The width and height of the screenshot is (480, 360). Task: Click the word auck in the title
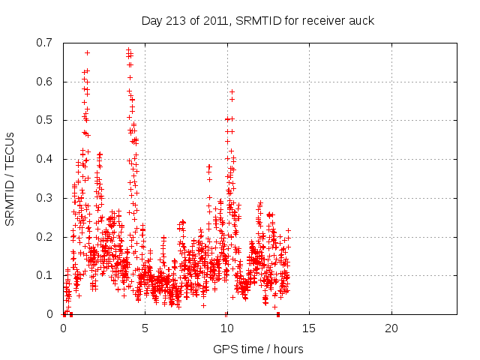coord(361,19)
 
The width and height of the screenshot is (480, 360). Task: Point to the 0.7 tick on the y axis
coord(45,43)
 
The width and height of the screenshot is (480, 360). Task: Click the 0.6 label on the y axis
coord(45,82)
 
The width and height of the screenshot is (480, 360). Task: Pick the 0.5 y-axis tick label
coord(45,121)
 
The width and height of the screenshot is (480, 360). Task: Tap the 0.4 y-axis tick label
coord(45,159)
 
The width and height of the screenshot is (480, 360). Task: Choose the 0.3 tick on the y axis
coord(45,198)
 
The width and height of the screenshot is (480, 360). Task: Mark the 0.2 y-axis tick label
coord(45,237)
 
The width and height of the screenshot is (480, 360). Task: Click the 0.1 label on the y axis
coord(45,275)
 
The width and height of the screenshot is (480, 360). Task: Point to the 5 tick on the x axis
coord(145,328)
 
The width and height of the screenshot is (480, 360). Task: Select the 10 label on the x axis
coord(226,328)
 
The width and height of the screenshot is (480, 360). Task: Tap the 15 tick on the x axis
coord(309,328)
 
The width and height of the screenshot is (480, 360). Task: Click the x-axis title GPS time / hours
coord(258,349)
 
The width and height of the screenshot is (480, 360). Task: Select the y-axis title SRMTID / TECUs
coord(10,178)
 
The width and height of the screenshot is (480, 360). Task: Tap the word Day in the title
coord(152,19)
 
